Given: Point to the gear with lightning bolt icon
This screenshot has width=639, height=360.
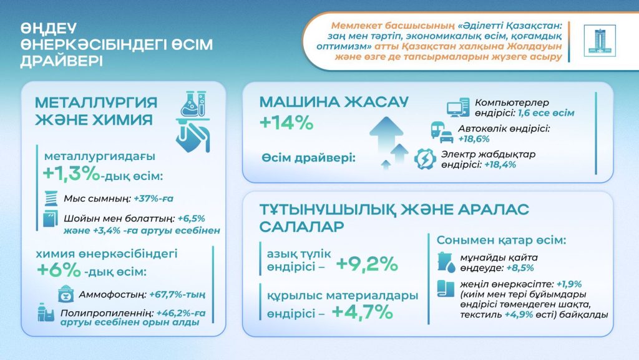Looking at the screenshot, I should click(426, 159).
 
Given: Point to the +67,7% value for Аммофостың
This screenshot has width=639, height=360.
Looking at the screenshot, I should click(177, 294).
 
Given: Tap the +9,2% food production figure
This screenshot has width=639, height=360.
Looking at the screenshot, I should click(366, 264).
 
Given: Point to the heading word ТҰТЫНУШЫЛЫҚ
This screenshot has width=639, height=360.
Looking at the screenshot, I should click(330, 209).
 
